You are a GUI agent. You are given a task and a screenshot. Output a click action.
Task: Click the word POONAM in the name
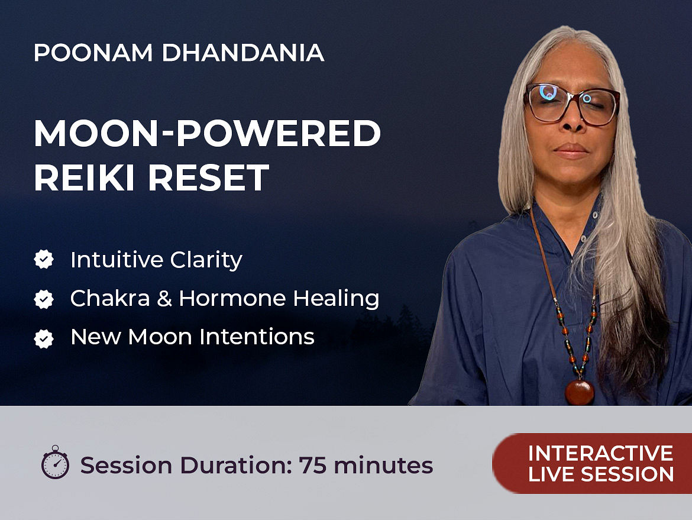tap(93, 53)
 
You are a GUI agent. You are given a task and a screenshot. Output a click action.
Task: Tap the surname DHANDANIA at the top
tap(243, 53)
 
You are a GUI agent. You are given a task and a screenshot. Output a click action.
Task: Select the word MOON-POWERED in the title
tap(207, 133)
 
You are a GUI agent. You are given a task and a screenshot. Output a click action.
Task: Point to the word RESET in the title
tap(208, 177)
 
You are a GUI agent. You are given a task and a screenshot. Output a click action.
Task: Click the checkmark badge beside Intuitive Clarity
tap(44, 259)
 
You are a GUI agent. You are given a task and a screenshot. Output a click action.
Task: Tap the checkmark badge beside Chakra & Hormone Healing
tap(44, 299)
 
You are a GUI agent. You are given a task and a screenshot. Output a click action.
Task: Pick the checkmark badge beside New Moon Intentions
tap(44, 338)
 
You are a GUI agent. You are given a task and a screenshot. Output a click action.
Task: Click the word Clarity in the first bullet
tap(206, 260)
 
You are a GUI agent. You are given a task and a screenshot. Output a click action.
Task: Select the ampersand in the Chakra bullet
tap(164, 299)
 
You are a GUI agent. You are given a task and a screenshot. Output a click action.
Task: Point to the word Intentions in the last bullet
tap(257, 337)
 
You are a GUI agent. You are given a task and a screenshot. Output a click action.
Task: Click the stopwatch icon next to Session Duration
tap(55, 462)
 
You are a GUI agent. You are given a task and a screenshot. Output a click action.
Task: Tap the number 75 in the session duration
tap(313, 465)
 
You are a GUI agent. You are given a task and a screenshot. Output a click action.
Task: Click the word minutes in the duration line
tap(383, 465)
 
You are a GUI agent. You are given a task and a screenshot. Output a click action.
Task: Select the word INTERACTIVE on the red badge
tap(601, 453)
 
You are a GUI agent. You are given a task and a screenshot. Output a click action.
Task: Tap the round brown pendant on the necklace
tap(580, 392)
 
